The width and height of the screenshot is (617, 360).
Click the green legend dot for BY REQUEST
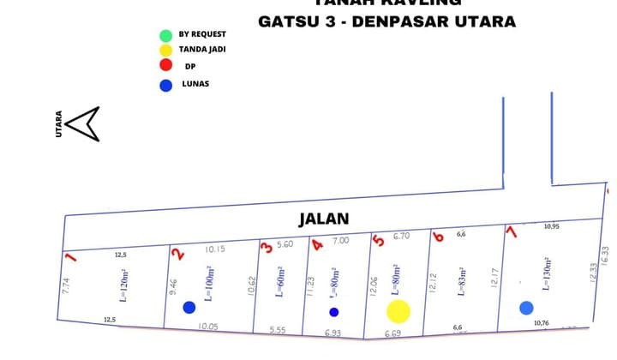165,35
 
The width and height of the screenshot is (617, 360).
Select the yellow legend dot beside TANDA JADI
165,50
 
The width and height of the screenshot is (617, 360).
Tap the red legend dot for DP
165,65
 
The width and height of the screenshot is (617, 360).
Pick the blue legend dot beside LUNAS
165,84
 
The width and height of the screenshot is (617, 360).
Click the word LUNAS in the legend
195,84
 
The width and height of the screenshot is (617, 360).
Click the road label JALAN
324,219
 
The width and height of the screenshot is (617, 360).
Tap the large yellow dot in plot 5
398,311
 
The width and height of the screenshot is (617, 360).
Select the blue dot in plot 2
189,308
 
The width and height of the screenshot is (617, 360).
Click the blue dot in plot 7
526,308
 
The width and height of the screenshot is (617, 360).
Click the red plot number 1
72,256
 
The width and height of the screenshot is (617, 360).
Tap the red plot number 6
439,237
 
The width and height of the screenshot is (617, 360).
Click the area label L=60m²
279,280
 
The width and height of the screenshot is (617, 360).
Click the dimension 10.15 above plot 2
215,249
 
